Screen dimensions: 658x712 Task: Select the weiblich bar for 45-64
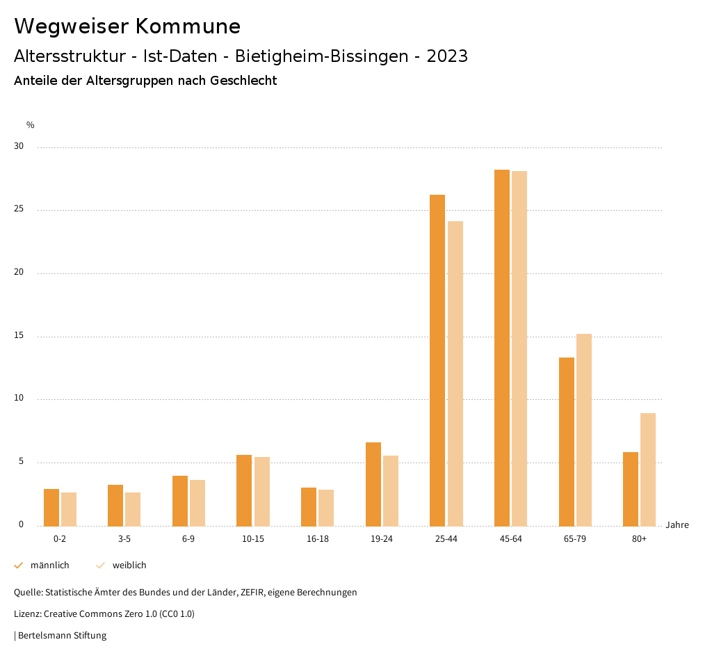(x=519, y=348)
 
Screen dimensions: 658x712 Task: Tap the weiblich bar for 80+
(x=648, y=470)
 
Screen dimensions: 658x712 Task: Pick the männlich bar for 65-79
(x=567, y=442)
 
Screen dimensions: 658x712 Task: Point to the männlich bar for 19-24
(x=373, y=484)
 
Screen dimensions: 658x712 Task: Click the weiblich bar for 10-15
(x=262, y=491)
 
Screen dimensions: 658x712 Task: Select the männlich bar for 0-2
(x=51, y=507)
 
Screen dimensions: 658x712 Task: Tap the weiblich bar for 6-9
(x=197, y=503)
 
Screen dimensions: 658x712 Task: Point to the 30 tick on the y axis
(x=19, y=147)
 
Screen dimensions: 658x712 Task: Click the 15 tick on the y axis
(x=19, y=336)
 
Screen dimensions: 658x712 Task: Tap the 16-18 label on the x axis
(x=317, y=539)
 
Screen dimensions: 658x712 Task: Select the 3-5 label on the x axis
(x=124, y=539)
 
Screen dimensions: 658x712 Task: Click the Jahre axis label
(x=677, y=525)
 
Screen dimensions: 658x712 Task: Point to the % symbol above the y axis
(x=31, y=125)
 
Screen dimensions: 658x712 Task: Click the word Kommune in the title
(x=188, y=26)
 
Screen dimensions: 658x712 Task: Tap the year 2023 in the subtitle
(x=447, y=56)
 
